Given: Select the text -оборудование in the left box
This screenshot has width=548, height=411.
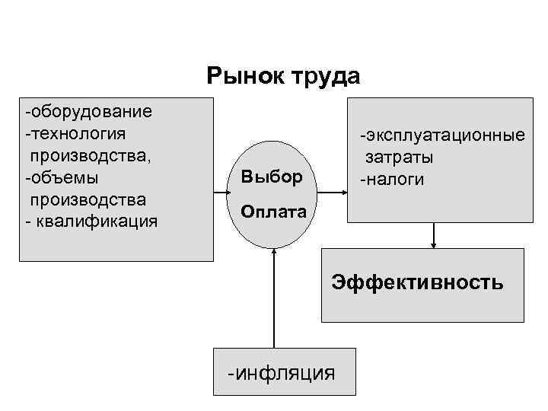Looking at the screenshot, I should click(88, 112).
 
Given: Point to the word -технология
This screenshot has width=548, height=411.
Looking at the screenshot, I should click(75, 134).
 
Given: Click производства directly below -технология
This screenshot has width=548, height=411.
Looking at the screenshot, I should click(89, 156).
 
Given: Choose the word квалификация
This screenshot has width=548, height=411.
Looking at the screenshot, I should click(96, 221).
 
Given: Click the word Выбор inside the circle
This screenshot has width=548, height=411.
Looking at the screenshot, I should click(272, 178).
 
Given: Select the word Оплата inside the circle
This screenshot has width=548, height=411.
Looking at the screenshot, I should click(273, 212).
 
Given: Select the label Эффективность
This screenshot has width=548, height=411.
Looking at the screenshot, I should click(417, 283).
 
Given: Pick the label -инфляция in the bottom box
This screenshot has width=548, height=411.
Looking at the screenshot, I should click(282, 373).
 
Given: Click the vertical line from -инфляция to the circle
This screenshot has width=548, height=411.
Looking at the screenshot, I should click(272, 304).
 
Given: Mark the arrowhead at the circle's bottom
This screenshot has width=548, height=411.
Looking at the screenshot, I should click(272, 256).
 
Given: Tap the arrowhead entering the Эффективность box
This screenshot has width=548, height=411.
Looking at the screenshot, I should click(434, 244).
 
